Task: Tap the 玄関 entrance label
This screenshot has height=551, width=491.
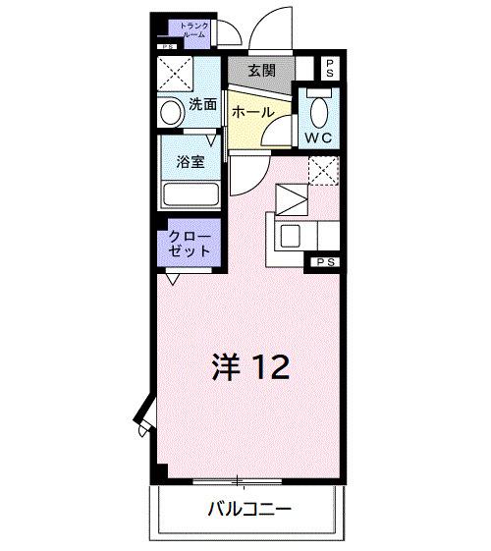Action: (260, 71)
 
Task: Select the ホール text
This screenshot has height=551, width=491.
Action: (251, 112)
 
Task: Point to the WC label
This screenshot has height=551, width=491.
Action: (320, 138)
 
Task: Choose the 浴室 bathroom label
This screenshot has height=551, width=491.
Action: (191, 163)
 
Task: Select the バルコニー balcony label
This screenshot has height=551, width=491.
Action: (248, 510)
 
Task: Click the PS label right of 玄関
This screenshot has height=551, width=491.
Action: (331, 68)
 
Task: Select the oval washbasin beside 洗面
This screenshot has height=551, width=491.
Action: (172, 111)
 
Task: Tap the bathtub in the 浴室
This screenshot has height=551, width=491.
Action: (191, 191)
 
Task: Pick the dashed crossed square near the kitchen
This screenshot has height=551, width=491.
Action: (322, 171)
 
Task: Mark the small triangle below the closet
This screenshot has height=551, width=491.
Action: (172, 279)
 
